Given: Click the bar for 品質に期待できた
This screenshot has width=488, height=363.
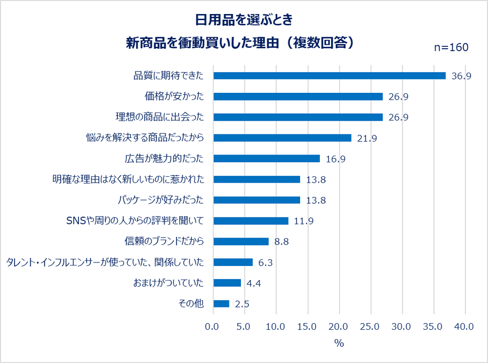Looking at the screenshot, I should click(x=330, y=76).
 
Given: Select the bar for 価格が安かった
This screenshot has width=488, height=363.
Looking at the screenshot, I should click(x=298, y=96).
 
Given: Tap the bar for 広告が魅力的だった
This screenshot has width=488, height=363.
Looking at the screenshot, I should click(x=267, y=159).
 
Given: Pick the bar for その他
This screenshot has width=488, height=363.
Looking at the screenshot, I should click(x=221, y=304).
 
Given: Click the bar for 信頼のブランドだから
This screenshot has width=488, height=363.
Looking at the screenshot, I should click(x=241, y=242).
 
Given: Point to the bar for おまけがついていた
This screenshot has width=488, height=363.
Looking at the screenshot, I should click(x=227, y=283).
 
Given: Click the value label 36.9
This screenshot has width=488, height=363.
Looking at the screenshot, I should click(x=461, y=76).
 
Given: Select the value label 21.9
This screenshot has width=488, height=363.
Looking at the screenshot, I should click(x=367, y=138).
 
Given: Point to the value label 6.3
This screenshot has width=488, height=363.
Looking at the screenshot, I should click(x=266, y=262).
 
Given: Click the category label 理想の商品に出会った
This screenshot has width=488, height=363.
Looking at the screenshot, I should click(x=159, y=117).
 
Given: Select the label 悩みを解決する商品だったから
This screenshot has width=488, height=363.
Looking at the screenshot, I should click(x=144, y=138).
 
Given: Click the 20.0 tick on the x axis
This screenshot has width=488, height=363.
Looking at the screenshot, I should click(x=339, y=327).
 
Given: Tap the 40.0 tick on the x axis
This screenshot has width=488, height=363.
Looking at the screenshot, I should click(x=464, y=327).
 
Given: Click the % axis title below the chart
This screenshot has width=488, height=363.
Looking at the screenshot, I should click(x=339, y=343).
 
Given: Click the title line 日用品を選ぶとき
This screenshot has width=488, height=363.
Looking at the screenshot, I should click(x=243, y=20).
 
